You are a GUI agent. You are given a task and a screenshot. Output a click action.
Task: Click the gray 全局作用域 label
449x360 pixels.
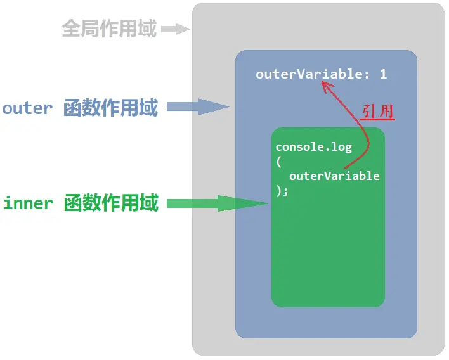pyautogui.click(x=109, y=29)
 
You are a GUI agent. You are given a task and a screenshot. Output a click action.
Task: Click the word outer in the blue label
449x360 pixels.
pyautogui.click(x=27, y=108)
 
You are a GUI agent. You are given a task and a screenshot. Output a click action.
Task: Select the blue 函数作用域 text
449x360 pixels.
pyautogui.click(x=110, y=108)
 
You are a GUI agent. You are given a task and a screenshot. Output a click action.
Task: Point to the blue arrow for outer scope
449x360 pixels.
pyautogui.click(x=197, y=107)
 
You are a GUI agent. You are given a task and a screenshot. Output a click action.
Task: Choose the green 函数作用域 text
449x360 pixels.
pyautogui.click(x=110, y=203)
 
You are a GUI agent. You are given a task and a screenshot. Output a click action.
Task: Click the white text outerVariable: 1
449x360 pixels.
pyautogui.click(x=321, y=74)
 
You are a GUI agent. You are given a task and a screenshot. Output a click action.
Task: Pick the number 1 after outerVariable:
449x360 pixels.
pyautogui.click(x=383, y=74)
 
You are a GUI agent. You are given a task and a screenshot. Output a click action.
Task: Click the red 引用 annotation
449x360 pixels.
pyautogui.click(x=378, y=111)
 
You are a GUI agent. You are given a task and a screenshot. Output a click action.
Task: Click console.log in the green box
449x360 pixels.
pyautogui.click(x=313, y=147)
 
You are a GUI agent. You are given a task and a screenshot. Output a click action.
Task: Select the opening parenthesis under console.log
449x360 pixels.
pyautogui.click(x=278, y=162)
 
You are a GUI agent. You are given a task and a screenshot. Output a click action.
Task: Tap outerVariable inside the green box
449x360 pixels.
pyautogui.click(x=334, y=176)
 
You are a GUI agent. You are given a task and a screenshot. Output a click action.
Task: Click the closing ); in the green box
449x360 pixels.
pyautogui.click(x=282, y=190)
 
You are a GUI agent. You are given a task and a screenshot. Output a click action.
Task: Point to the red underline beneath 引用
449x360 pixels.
pyautogui.click(x=378, y=119)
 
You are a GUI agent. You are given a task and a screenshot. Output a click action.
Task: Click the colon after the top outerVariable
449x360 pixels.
pyautogui.click(x=365, y=75)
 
